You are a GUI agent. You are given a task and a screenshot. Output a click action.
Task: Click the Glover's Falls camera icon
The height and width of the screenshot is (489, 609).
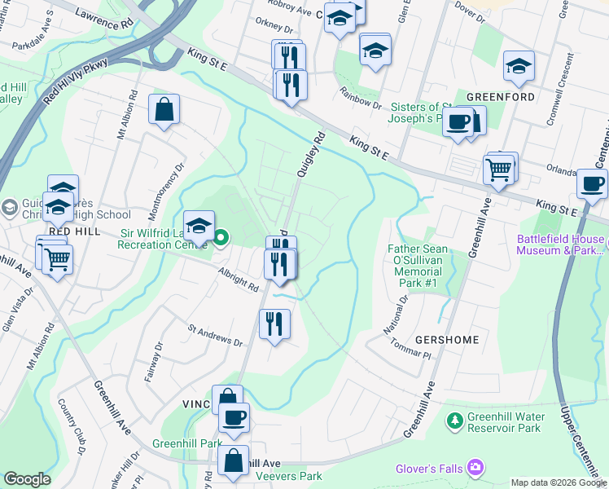pyautogui.click(x=475, y=467)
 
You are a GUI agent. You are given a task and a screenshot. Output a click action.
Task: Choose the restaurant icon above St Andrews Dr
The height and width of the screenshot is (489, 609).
pyautogui.click(x=274, y=324)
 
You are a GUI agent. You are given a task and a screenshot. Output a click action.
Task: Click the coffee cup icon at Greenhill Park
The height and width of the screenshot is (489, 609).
pyautogui.click(x=234, y=418)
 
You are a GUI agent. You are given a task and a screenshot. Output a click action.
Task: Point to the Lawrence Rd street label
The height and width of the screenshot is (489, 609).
pyautogui.click(x=103, y=20)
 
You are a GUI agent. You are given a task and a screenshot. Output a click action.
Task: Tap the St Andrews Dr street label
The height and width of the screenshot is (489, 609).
pyautogui.click(x=216, y=337)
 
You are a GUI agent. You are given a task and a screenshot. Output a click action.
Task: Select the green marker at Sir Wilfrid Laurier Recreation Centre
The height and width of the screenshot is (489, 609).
pyautogui.click(x=221, y=239)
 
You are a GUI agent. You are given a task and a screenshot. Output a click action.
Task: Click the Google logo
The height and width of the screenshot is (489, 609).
pyautogui.click(x=28, y=478)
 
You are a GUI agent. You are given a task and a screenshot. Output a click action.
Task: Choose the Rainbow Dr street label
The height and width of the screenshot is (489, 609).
pyautogui.click(x=361, y=99)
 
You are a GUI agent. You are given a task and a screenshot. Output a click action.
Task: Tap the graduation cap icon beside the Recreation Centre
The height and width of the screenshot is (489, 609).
pyautogui.click(x=199, y=226)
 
